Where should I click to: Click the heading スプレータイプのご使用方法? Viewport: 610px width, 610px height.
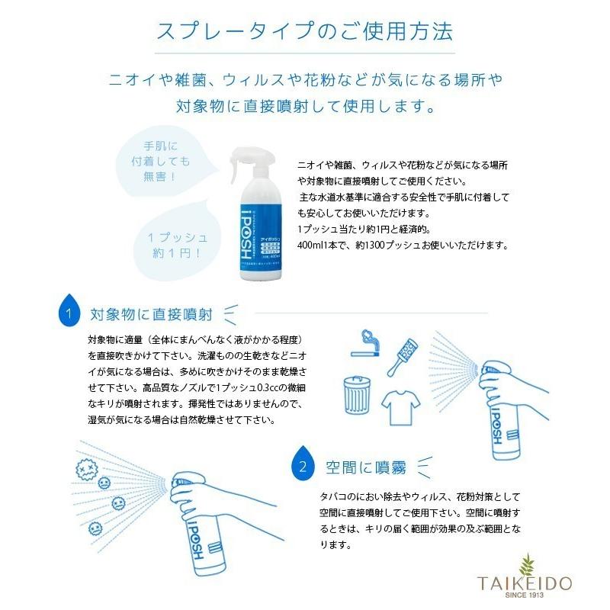304,33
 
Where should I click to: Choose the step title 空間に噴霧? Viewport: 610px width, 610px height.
359,464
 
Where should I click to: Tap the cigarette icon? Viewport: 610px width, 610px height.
368,354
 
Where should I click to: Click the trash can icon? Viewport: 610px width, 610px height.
354,393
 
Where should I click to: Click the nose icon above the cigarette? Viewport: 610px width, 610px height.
365,336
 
